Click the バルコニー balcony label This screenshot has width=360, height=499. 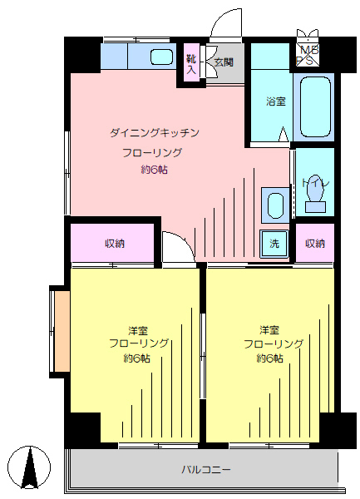point(206,469)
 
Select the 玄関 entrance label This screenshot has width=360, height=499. point(224,62)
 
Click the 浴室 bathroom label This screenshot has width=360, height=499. point(275,102)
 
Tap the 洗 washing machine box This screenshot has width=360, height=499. point(273,244)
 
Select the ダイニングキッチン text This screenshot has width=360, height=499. point(155,132)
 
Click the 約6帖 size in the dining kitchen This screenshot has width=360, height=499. point(154,170)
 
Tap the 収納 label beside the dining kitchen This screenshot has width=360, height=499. point(115,243)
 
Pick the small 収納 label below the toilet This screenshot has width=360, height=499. point(314,244)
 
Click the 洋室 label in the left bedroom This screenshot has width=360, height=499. point(138,329)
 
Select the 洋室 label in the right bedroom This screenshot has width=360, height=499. point(270,329)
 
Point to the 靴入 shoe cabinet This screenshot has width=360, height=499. point(191,63)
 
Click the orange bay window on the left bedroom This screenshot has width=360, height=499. point(59,331)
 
